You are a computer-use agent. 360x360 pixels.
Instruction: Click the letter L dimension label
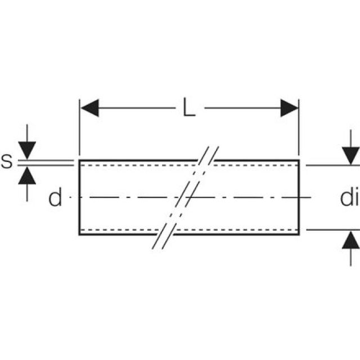click(189, 107)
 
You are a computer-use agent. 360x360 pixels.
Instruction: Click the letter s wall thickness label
click(7, 162)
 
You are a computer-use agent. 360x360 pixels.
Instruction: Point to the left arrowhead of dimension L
click(89, 107)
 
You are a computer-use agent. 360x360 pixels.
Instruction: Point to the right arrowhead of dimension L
click(289, 107)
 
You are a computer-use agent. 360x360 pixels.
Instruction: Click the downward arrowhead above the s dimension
click(27, 151)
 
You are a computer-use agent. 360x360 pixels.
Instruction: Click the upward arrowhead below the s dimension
click(27, 176)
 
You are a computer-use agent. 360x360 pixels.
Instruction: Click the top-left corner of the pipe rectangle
click(79, 160)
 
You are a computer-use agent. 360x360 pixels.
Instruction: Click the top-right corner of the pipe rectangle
click(299, 160)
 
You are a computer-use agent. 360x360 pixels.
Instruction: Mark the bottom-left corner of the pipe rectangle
click(79, 235)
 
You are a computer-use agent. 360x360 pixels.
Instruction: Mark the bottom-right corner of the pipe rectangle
click(299, 235)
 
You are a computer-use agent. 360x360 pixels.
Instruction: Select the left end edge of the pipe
click(79, 197)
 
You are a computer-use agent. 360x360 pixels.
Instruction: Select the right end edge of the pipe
click(299, 197)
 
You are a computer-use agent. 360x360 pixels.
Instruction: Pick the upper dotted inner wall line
click(135, 166)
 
